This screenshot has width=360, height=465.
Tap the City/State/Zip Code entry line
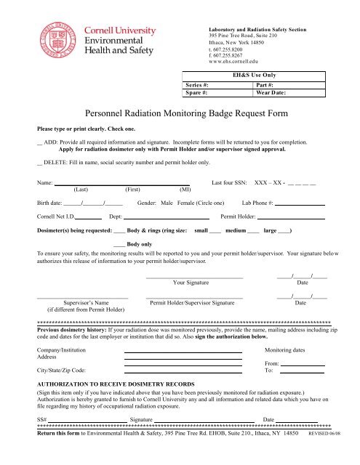point(183,371)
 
